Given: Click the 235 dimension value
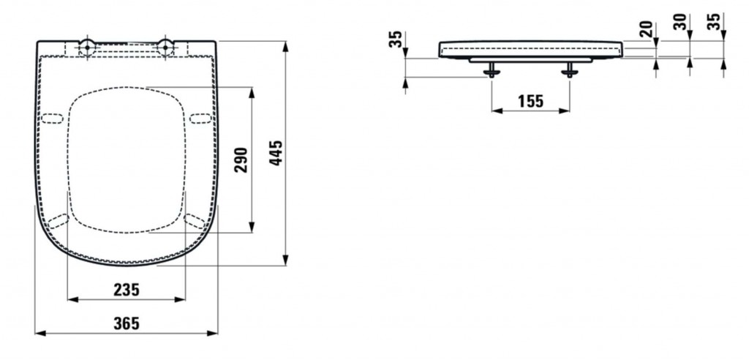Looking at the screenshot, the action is tap(127, 289).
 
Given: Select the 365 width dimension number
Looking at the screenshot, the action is tap(127, 323).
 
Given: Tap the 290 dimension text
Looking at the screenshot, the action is tap(241, 160).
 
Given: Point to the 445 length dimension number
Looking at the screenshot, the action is tap(276, 153).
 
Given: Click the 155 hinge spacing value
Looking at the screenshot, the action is tap(530, 102).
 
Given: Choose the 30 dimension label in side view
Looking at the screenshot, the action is tap(680, 22).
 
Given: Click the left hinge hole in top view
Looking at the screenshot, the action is tap(88, 46).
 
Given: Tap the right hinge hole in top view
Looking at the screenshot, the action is tap(166, 46).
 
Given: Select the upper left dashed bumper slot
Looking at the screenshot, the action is tap(52, 119).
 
